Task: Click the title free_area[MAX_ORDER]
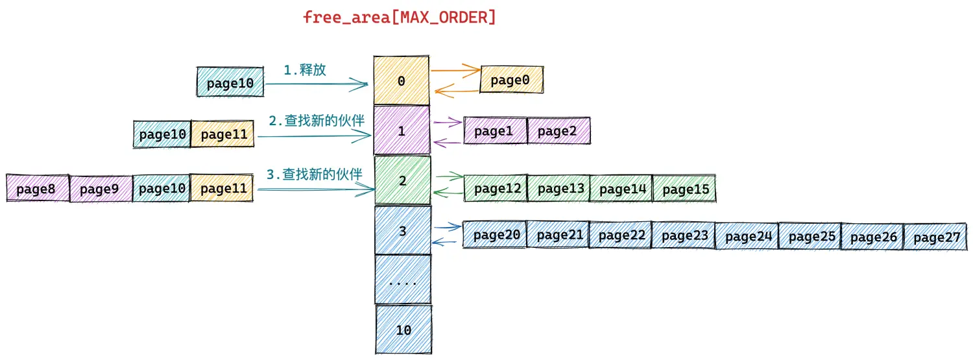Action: point(399,18)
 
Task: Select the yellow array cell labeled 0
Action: point(402,80)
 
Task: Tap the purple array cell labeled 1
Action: point(402,130)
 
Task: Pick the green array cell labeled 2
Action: point(403,180)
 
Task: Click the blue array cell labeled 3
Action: point(403,230)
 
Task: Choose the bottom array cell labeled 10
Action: point(403,330)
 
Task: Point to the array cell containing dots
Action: point(403,279)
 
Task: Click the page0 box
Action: point(511,80)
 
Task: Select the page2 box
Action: point(559,130)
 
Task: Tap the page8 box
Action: point(38,189)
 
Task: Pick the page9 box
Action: point(101,189)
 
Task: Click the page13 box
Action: point(559,189)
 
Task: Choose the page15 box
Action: point(684,189)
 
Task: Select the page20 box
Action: point(495,235)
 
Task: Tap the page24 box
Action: point(747,236)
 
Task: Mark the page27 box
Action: point(935,237)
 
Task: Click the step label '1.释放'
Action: point(304,70)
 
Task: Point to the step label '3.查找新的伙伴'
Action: point(314,174)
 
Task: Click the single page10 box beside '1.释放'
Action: point(230,82)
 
